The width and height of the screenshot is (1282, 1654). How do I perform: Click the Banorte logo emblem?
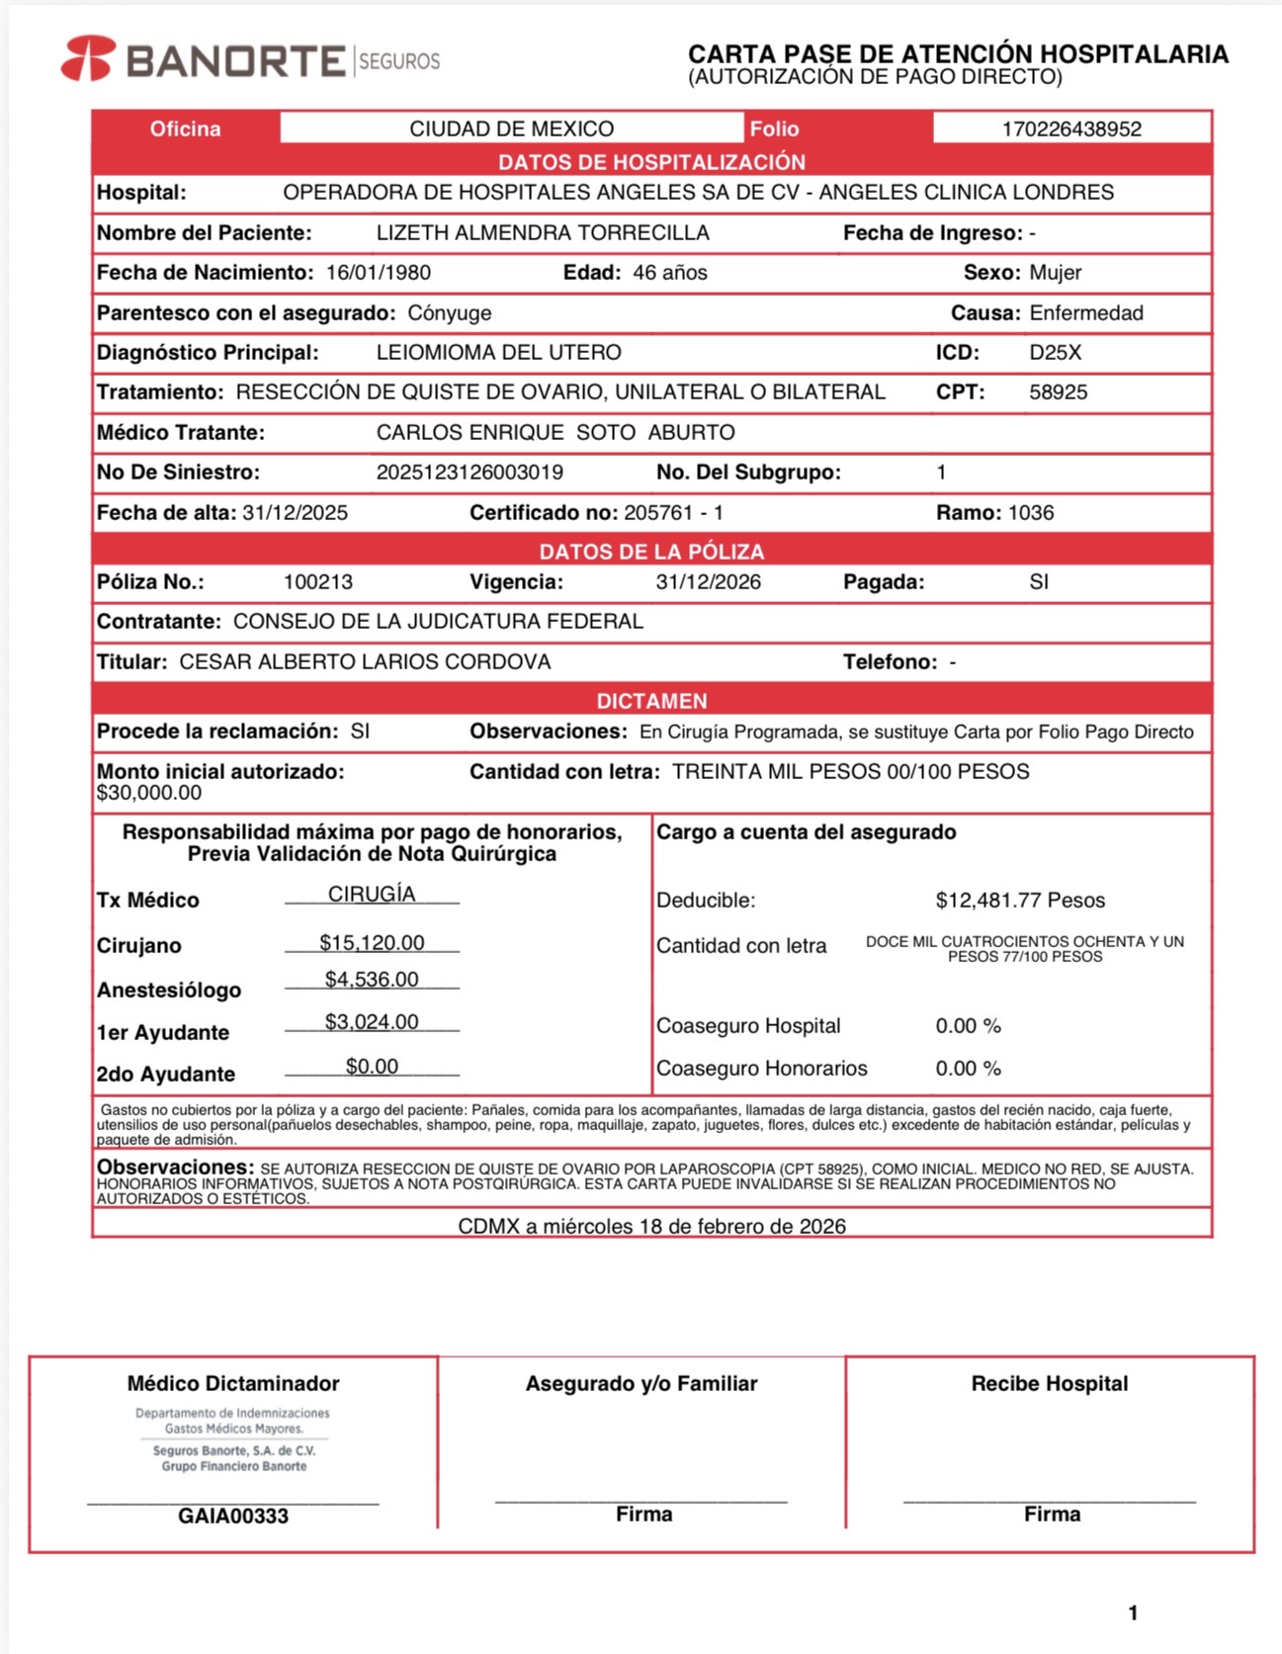click(x=88, y=58)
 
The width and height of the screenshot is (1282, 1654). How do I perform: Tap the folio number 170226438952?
click(x=1071, y=130)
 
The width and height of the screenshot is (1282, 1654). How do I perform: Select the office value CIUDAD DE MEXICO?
click(x=511, y=130)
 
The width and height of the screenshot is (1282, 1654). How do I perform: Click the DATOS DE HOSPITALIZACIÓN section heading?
click(x=651, y=162)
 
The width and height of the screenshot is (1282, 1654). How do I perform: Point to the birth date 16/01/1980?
click(x=378, y=273)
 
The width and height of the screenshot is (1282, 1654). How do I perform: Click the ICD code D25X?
click(x=1056, y=353)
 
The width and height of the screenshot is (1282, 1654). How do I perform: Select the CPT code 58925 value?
click(x=1058, y=392)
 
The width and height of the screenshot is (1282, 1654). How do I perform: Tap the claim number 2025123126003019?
click(x=470, y=473)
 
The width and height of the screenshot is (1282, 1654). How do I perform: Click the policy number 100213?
click(x=317, y=582)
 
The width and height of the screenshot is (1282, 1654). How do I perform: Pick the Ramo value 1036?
click(x=1031, y=513)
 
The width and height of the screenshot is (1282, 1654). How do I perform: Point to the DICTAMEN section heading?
click(x=651, y=701)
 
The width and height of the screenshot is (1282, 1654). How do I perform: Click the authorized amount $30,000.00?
click(x=149, y=793)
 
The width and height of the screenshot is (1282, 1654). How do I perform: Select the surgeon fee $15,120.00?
click(x=372, y=943)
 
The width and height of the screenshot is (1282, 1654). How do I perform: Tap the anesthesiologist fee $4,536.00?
click(x=372, y=980)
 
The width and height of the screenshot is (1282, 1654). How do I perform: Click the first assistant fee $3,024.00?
click(x=372, y=1022)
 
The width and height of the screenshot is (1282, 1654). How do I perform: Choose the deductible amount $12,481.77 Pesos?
click(x=1020, y=901)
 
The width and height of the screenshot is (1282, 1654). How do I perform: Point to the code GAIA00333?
click(x=233, y=1517)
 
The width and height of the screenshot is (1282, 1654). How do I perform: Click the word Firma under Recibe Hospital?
click(x=1052, y=1515)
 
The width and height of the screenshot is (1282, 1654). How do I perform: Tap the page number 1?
click(x=1133, y=1613)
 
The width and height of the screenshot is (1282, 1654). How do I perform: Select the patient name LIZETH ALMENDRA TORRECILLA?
click(x=543, y=233)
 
